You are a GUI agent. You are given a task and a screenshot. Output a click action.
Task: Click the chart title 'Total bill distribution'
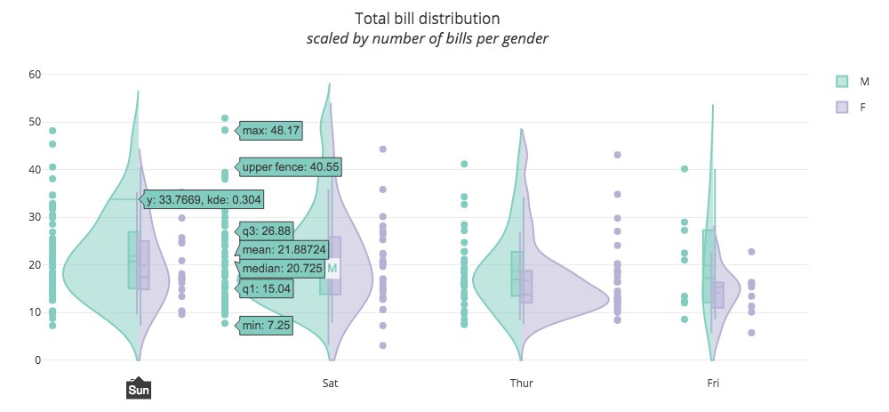(427, 19)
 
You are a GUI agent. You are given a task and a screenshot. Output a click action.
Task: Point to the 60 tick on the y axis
(35, 74)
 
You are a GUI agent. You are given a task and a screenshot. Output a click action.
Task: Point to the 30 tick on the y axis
(35, 217)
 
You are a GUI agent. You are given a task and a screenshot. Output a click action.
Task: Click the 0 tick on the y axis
(37, 360)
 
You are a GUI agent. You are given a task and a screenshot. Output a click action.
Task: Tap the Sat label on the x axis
(330, 384)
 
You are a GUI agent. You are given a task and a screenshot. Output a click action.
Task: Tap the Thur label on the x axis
(522, 384)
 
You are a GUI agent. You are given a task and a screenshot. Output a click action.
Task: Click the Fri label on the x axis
(713, 384)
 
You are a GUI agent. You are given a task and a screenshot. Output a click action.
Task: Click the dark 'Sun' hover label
(139, 390)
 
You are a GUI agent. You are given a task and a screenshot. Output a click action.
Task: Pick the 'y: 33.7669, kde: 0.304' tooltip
(204, 199)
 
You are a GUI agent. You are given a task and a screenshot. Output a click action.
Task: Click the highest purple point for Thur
(617, 155)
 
